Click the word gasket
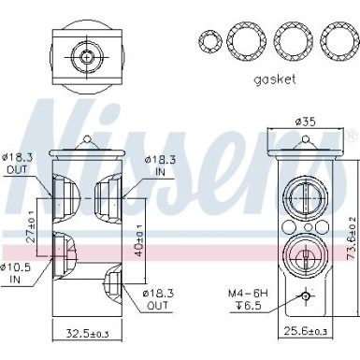tap(274, 79)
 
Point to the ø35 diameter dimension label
tap(302, 120)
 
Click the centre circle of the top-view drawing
tap(87, 58)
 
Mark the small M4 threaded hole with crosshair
tap(302, 296)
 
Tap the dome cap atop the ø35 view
tap(302, 141)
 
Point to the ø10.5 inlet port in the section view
tap(60, 249)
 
